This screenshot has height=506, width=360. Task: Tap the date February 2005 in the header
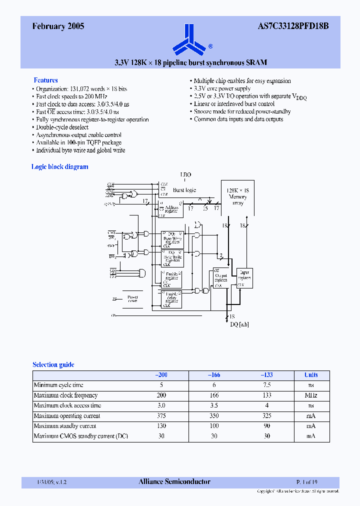(58, 27)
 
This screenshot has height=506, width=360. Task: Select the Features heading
(45, 80)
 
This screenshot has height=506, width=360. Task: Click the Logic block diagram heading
(60, 167)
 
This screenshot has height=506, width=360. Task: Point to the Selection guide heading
(53, 365)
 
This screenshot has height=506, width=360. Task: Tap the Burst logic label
(184, 190)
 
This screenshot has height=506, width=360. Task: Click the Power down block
(132, 298)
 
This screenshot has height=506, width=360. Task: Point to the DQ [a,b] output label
(239, 324)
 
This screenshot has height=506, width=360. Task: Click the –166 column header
(214, 375)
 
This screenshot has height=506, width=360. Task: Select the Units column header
(311, 375)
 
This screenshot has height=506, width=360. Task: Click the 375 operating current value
(161, 416)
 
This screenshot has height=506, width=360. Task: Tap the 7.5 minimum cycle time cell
(267, 385)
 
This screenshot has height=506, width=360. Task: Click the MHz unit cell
(311, 395)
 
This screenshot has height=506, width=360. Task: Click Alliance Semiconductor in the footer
(174, 482)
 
